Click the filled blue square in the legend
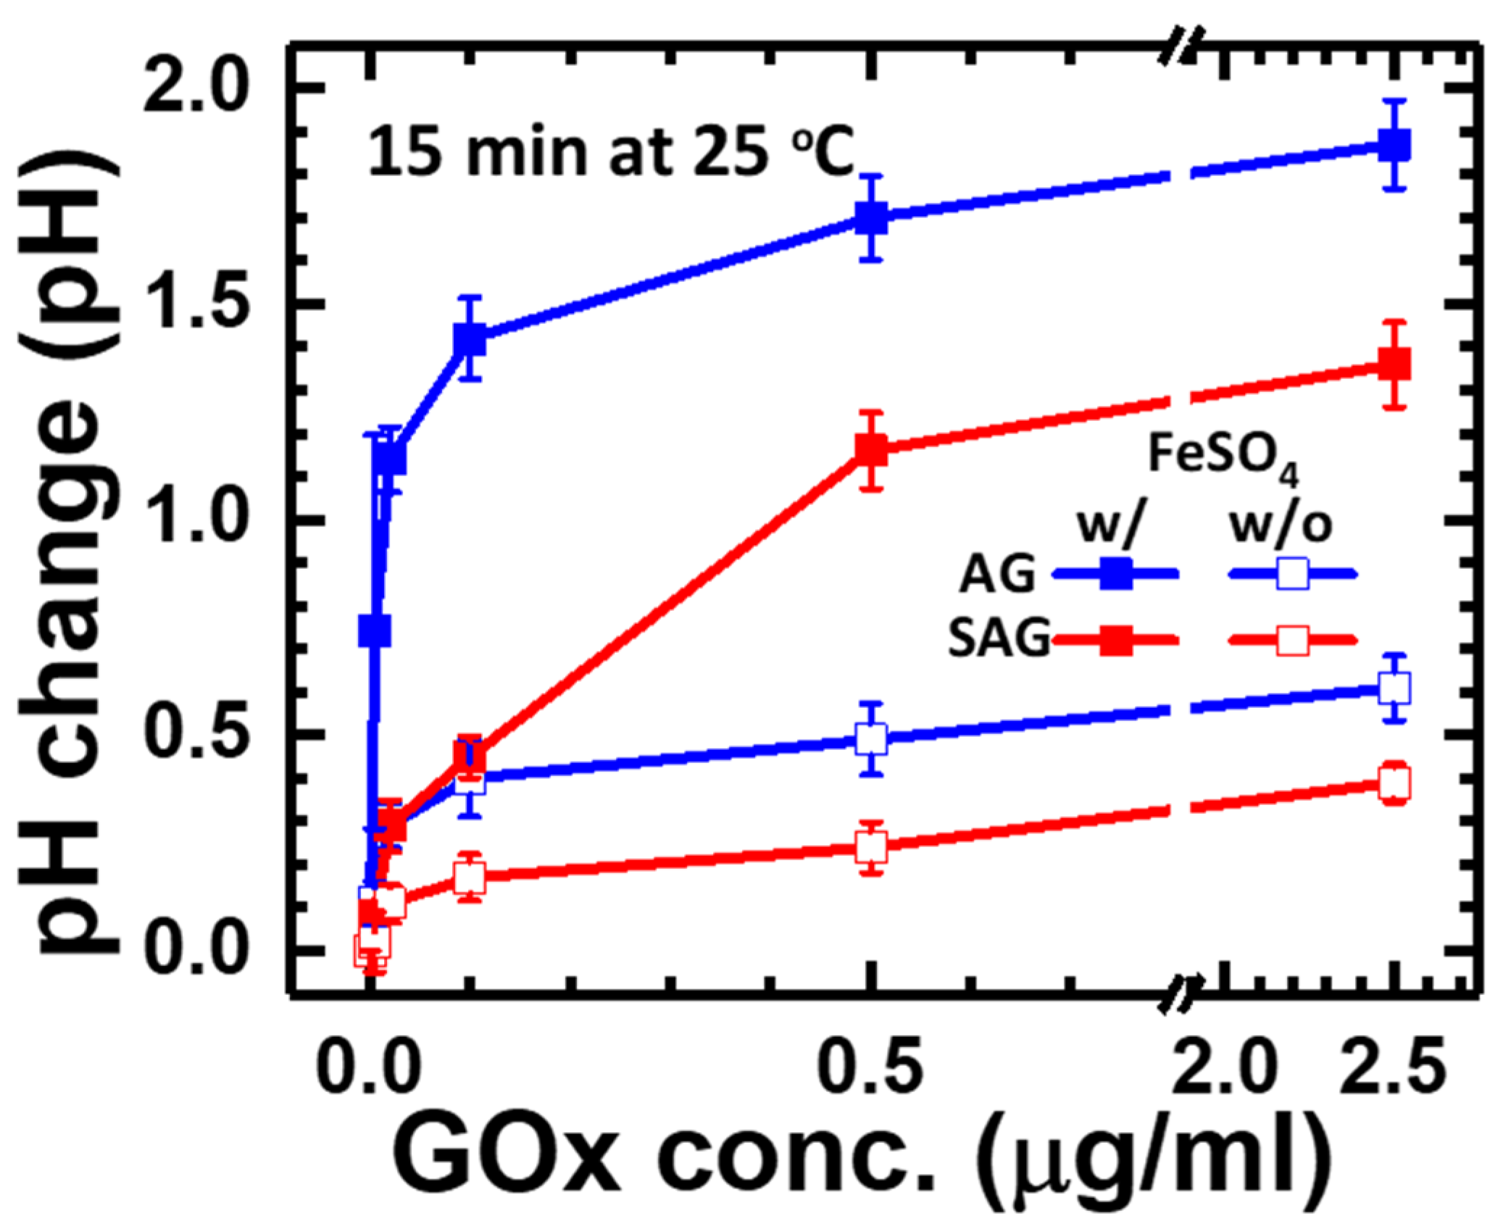(1115, 575)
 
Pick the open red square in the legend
(1292, 641)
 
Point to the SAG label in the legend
(999, 640)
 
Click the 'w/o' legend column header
(1281, 525)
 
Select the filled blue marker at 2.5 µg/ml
(1394, 146)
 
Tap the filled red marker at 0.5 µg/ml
(871, 450)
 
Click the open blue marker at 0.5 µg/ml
(871, 739)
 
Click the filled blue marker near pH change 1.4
(470, 338)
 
